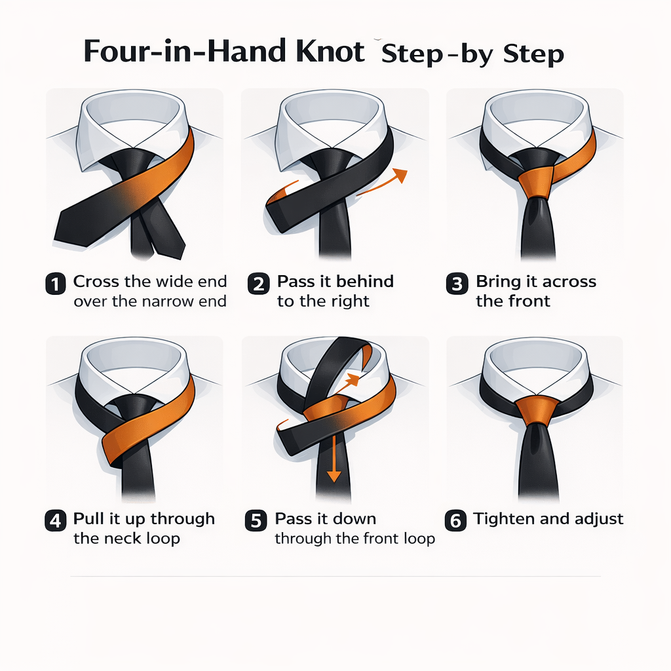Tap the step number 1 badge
[56, 284]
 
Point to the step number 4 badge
[56, 521]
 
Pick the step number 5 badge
[256, 521]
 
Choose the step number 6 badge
[455, 521]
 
